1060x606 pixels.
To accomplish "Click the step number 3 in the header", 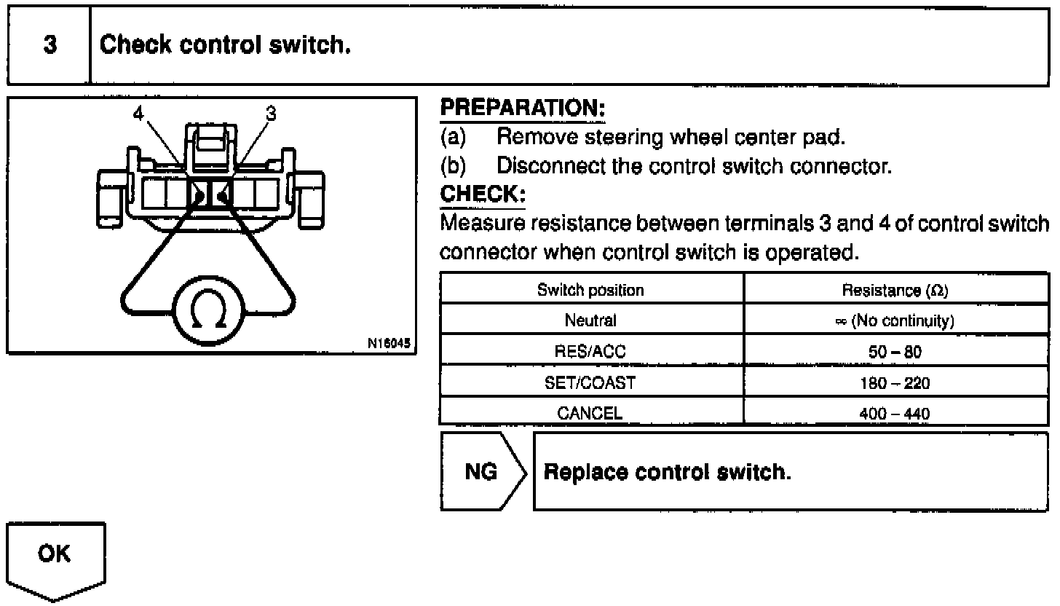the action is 49,45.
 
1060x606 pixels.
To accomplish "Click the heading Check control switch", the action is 226,45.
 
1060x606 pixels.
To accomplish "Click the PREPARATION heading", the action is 523,109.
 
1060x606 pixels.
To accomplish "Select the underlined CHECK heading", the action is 483,195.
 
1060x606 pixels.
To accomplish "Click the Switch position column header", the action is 590,290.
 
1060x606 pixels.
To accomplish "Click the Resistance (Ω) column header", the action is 895,290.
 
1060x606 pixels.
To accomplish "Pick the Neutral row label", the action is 590,320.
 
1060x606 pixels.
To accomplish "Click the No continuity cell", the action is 895,320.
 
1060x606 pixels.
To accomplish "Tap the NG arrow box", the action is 482,472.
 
